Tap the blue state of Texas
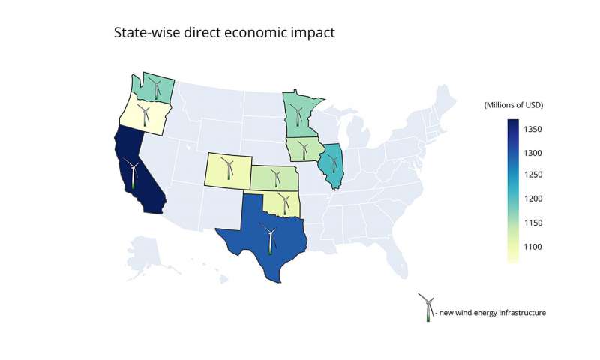255,225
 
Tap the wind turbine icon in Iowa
304,149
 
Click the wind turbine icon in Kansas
274,178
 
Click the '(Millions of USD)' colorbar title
513,104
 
